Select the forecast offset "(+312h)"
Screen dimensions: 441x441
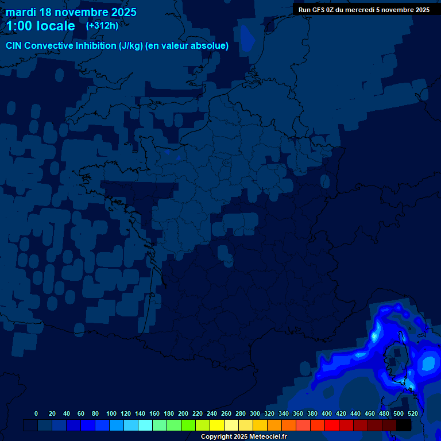click(x=102, y=26)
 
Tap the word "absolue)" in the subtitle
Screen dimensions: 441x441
click(x=210, y=46)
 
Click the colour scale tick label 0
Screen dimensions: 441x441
click(x=36, y=413)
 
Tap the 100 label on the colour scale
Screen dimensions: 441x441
click(x=111, y=413)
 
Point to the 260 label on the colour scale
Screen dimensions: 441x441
click(x=226, y=413)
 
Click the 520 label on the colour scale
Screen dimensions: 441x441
click(x=412, y=413)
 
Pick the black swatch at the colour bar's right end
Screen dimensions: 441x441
click(x=404, y=425)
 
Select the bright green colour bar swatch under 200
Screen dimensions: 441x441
click(x=188, y=425)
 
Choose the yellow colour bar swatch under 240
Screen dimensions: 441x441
click(x=217, y=425)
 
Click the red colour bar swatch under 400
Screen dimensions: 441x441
click(x=332, y=425)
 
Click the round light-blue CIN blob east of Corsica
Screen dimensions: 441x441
click(x=428, y=363)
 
